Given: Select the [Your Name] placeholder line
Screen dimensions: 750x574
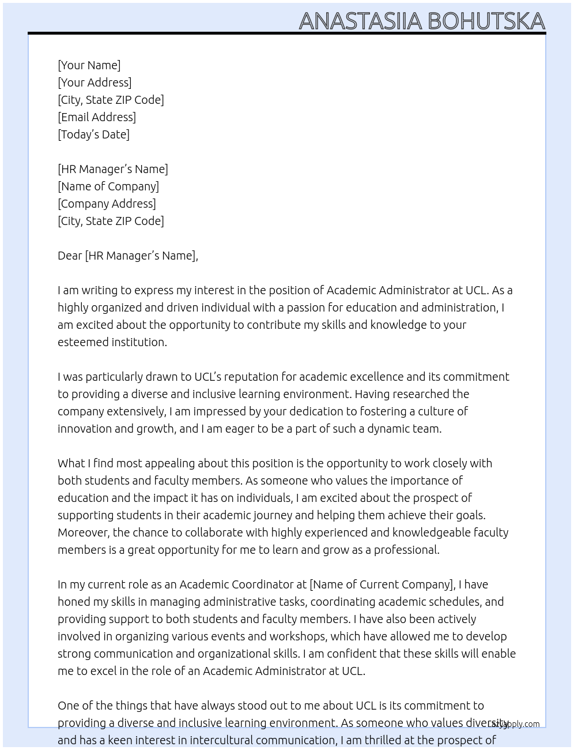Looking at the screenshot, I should click(x=89, y=65).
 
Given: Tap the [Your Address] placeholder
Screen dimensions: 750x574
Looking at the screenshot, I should click(x=95, y=82).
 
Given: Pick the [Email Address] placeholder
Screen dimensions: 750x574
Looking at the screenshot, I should click(x=97, y=117).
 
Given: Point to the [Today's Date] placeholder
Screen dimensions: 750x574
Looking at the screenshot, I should click(x=93, y=134).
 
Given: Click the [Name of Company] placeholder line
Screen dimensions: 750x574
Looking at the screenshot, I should click(x=108, y=186).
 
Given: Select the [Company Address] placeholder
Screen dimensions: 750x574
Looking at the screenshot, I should click(x=107, y=204).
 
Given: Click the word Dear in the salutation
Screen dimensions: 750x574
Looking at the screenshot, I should click(x=70, y=256).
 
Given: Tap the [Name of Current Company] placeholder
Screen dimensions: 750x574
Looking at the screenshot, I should click(x=382, y=584).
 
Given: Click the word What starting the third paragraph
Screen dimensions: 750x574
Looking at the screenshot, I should click(x=71, y=463).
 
